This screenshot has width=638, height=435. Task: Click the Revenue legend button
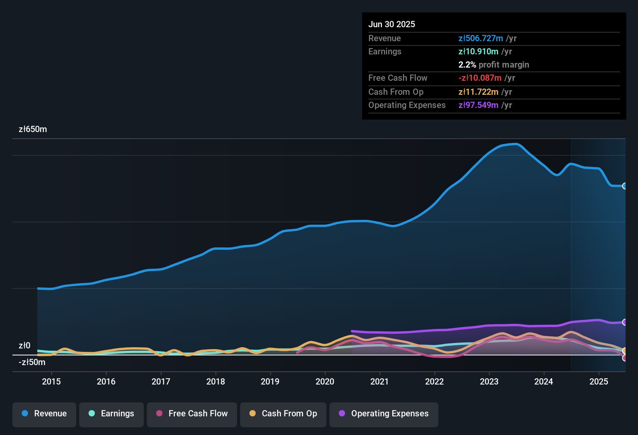[44, 414]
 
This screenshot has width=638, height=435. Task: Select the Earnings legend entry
[112, 414]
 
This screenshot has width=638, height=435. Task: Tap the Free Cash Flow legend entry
[192, 414]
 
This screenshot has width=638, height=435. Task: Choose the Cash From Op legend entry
[283, 414]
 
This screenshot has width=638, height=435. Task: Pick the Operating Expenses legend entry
[384, 414]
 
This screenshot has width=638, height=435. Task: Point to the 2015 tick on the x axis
[51, 381]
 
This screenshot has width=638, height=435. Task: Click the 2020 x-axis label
[325, 381]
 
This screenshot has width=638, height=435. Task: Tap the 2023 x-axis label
[489, 381]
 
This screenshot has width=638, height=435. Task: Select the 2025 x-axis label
[599, 381]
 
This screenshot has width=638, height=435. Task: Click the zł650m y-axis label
[33, 129]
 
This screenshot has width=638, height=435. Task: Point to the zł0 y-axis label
[24, 345]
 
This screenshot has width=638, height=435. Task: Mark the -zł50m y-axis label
[32, 362]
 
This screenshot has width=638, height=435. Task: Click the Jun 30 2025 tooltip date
[392, 24]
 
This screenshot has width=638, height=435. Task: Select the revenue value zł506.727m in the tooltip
[481, 38]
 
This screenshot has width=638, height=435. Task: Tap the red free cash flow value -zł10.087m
[480, 78]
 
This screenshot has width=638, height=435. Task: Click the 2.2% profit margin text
[493, 64]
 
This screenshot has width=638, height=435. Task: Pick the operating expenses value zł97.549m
[478, 105]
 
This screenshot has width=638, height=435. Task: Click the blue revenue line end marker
[625, 186]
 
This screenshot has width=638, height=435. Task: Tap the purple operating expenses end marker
[625, 322]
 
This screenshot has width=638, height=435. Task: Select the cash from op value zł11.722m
[478, 92]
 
